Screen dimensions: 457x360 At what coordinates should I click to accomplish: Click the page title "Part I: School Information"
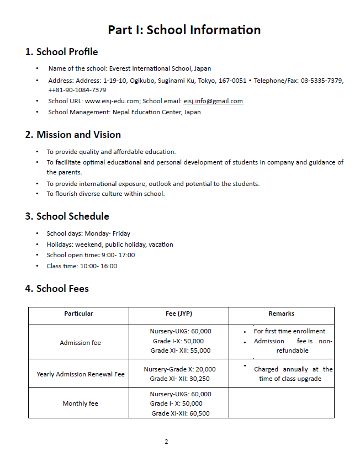[184, 30]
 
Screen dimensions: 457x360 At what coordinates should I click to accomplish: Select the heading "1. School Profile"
[62, 52]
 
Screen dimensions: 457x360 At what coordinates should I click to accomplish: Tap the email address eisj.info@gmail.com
[213, 101]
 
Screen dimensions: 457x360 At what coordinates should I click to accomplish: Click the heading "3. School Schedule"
[67, 216]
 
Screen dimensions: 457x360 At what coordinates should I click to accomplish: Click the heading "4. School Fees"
[57, 289]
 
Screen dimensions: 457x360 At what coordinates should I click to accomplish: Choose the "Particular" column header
[78, 313]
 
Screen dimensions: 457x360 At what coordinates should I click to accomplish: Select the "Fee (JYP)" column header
[179, 313]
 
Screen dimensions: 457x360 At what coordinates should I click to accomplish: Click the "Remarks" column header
[282, 313]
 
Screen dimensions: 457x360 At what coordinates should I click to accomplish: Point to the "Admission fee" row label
[80, 343]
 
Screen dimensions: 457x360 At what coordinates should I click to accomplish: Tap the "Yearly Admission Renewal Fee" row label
[81, 374]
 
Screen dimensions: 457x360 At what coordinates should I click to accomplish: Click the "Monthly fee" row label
[80, 403]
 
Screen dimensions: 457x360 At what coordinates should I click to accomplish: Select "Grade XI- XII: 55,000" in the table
[181, 350]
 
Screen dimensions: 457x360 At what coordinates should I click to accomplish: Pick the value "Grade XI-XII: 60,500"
[181, 413]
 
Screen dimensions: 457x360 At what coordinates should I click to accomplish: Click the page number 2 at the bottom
[166, 442]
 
